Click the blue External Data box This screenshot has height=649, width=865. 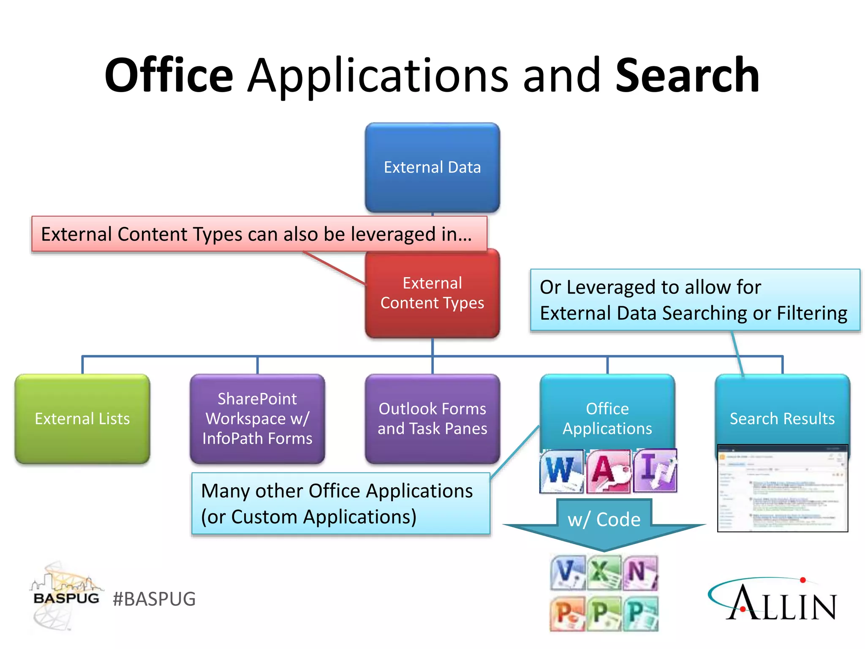click(x=432, y=167)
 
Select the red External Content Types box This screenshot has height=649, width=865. click(x=432, y=293)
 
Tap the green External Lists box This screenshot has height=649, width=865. click(x=82, y=418)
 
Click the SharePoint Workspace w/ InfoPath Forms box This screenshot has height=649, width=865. click(x=257, y=418)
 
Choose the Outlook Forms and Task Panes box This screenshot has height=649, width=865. click(x=432, y=418)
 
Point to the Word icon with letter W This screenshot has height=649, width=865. click(x=561, y=471)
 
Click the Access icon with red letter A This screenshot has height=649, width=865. click(x=609, y=471)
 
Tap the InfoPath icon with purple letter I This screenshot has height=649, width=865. click(x=655, y=471)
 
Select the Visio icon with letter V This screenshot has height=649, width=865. click(x=568, y=573)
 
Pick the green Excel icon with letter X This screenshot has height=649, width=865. click(x=604, y=573)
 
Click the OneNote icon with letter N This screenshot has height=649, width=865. click(x=640, y=573)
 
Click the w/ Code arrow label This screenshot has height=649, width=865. click(x=604, y=520)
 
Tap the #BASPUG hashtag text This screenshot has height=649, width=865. click(x=154, y=599)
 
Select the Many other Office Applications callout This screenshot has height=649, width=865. click(x=340, y=504)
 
